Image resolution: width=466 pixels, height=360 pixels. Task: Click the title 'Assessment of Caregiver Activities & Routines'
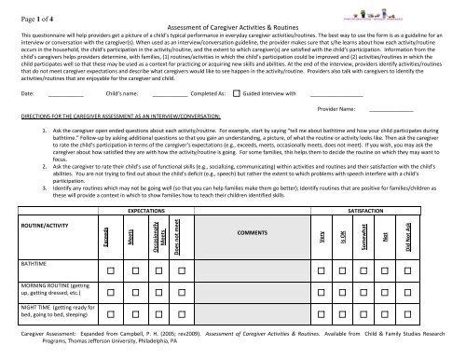point(233,26)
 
